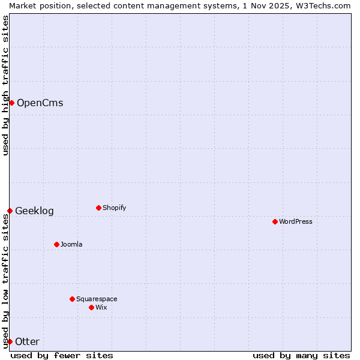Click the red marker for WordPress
(x=275, y=221)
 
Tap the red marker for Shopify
(x=98, y=208)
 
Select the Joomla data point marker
(x=56, y=244)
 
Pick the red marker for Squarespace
(x=72, y=299)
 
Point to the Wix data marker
(x=91, y=307)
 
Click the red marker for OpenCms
(x=11, y=103)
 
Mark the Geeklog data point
(x=10, y=211)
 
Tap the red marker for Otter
(x=10, y=341)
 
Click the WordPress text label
(x=296, y=221)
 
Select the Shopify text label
(x=114, y=208)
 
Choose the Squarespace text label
(x=97, y=299)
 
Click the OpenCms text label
(x=40, y=103)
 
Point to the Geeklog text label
(x=34, y=211)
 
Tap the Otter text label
(x=27, y=341)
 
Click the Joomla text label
(x=71, y=244)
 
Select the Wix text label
(x=101, y=307)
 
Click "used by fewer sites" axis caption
(x=62, y=355)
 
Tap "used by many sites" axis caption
(x=301, y=355)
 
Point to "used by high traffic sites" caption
(x=5, y=85)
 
